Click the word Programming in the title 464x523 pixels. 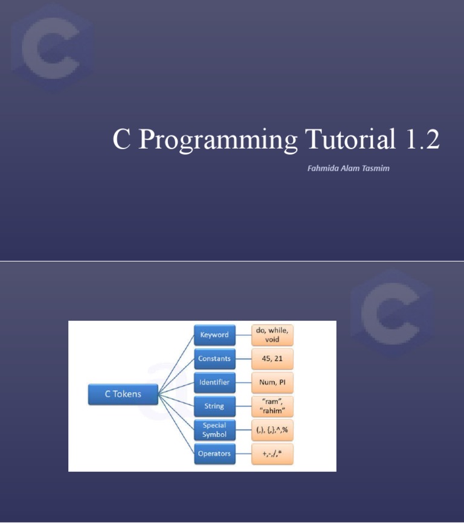217,140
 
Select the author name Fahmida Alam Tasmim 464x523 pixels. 348,168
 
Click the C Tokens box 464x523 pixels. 123,394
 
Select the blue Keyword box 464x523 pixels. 214,335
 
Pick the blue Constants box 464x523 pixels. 214,359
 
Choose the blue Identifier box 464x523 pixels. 214,382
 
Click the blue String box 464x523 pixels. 214,406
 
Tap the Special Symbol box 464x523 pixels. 214,430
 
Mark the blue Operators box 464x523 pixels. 214,454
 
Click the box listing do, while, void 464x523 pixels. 272,335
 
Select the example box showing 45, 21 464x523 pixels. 272,359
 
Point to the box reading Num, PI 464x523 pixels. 272,382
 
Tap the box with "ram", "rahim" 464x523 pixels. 272,406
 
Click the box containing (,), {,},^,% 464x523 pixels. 272,430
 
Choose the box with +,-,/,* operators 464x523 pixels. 272,454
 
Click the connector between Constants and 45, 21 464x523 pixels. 243,359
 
